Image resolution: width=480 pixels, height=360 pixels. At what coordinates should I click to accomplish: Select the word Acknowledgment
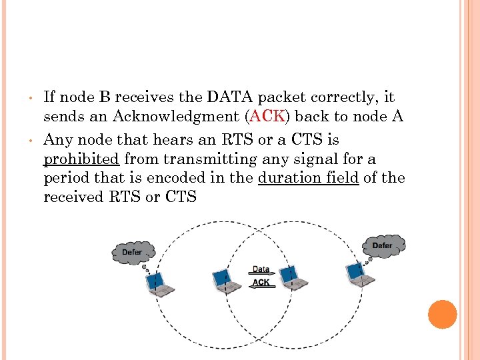(x=177, y=117)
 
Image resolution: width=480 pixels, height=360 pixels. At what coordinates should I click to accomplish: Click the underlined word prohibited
(x=81, y=159)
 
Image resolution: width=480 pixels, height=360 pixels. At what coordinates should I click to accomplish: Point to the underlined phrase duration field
(x=308, y=178)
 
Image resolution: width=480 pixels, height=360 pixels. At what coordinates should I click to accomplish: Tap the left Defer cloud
(x=133, y=252)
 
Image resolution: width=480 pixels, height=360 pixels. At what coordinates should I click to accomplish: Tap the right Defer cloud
(x=383, y=245)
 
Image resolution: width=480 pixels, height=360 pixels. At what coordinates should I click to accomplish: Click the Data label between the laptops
(x=261, y=270)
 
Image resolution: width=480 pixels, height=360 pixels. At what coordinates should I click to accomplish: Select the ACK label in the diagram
(x=261, y=283)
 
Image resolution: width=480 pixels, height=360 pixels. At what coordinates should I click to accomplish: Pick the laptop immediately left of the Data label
(x=226, y=281)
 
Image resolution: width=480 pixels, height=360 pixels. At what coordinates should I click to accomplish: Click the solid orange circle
(x=443, y=314)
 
